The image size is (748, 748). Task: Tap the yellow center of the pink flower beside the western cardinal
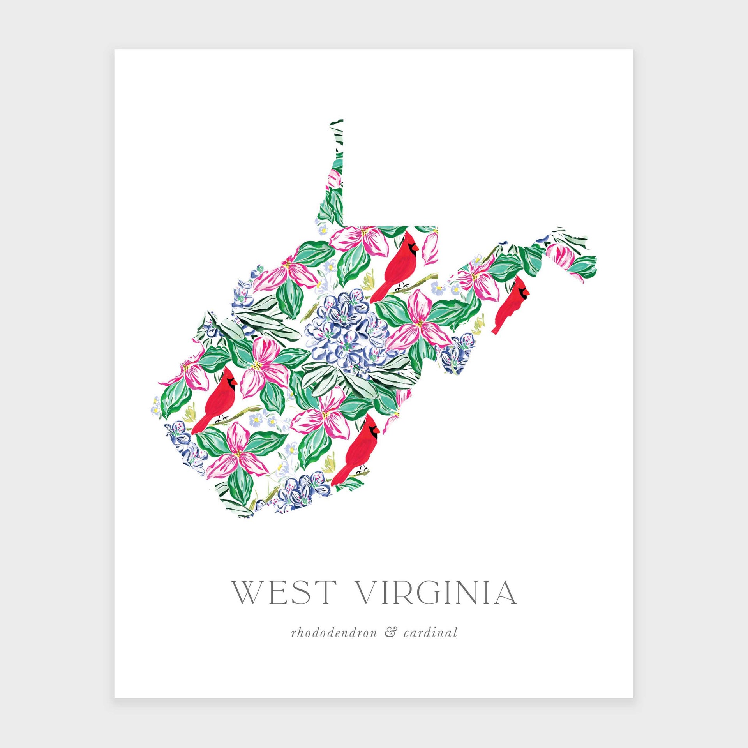[x=257, y=365]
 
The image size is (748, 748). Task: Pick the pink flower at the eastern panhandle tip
[x=561, y=255]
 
